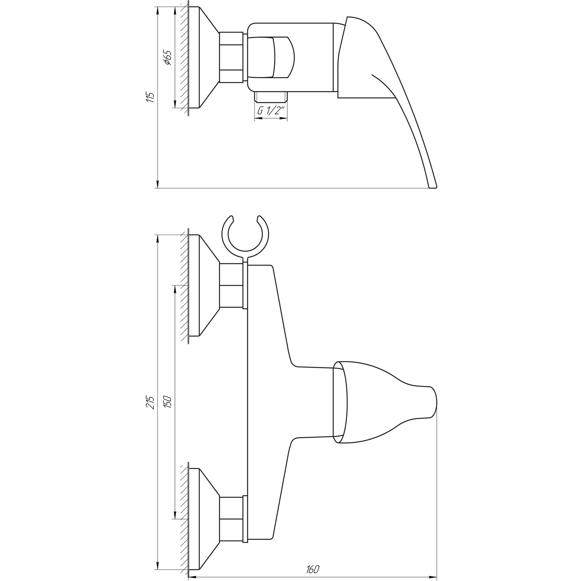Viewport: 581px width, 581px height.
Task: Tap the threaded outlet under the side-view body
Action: [x=271, y=97]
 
